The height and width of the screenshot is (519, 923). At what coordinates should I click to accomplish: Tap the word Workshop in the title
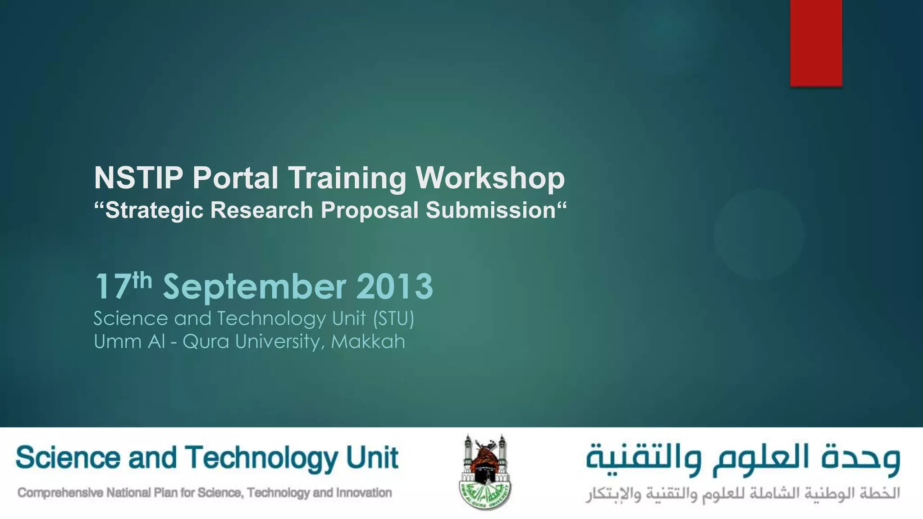(490, 178)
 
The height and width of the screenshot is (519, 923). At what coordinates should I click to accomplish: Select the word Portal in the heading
(235, 178)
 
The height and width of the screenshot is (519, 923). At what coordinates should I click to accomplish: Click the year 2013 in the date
(394, 287)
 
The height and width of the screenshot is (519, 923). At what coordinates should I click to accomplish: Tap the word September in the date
(254, 287)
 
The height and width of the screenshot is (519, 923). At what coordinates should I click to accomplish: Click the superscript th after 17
(142, 280)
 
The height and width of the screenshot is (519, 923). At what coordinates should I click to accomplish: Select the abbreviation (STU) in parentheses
(393, 319)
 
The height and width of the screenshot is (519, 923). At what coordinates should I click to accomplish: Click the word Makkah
(368, 341)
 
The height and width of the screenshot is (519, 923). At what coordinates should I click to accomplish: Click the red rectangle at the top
(816, 43)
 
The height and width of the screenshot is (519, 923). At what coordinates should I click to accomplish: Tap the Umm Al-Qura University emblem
(485, 472)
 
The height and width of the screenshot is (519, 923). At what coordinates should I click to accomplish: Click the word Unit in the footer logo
(372, 458)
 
